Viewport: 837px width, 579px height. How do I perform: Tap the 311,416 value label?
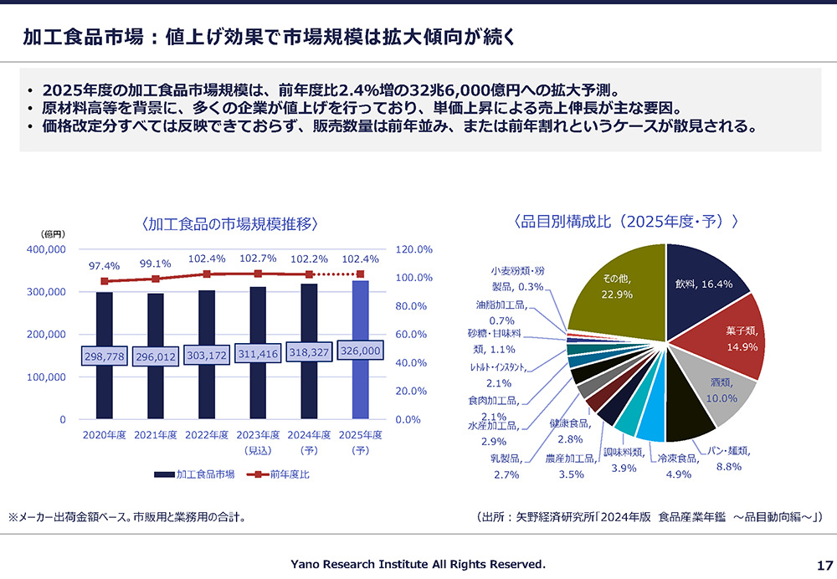click(258, 353)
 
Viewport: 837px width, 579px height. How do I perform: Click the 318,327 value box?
click(309, 352)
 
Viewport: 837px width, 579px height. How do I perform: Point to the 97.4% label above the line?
click(104, 266)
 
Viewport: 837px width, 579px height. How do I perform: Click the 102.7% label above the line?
click(258, 259)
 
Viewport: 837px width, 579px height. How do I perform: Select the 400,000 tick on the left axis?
click(46, 249)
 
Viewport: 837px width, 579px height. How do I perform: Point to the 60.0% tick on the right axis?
click(411, 334)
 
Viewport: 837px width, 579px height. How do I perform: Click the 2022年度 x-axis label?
click(207, 435)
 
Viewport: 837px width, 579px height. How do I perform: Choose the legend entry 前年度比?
click(278, 474)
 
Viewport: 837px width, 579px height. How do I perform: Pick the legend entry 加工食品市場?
click(194, 474)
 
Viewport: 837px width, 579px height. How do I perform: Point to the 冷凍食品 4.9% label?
click(679, 466)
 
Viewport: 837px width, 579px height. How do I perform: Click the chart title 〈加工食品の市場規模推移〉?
click(230, 223)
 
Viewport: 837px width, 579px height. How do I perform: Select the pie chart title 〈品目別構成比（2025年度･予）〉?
click(626, 222)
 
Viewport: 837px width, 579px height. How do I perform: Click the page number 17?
click(824, 565)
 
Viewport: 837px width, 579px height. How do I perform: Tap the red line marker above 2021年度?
click(156, 279)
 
